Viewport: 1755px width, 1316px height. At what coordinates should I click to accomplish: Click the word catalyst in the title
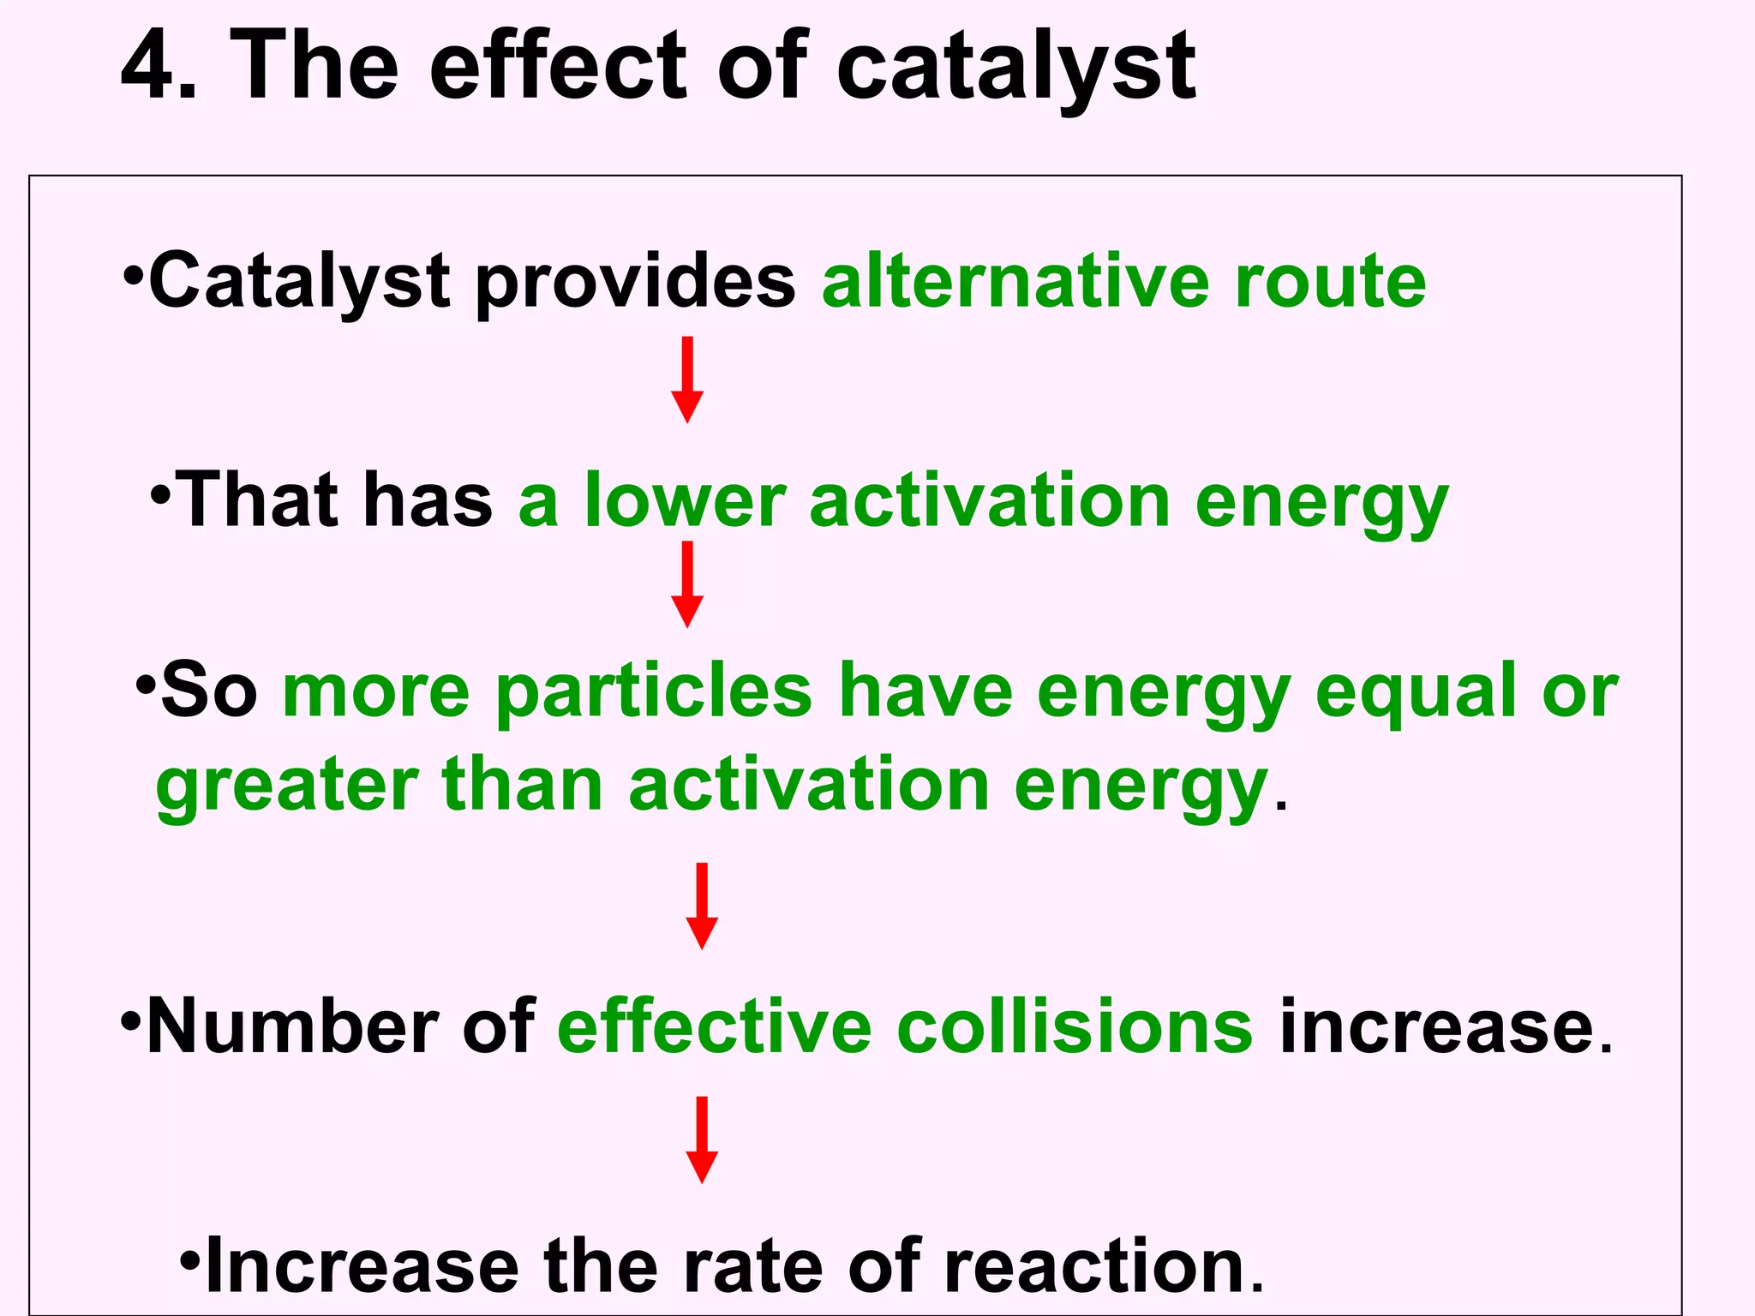click(1015, 69)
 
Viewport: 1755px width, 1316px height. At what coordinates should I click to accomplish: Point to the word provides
click(635, 283)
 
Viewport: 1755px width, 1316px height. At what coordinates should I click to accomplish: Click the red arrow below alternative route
click(686, 380)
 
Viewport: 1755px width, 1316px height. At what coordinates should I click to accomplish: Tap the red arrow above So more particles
click(686, 584)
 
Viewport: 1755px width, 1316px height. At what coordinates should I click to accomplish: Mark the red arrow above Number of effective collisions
click(702, 906)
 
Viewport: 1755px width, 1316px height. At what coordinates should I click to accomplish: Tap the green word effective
click(715, 1027)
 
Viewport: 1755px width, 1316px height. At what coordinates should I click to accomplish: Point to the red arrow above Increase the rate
click(702, 1140)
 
